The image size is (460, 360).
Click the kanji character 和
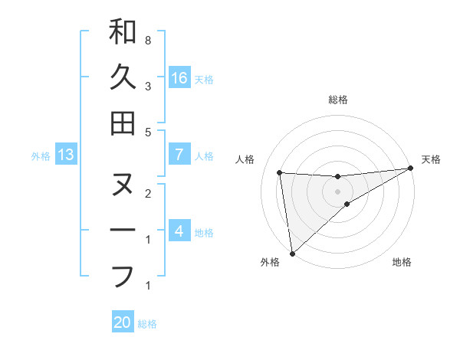point(123,32)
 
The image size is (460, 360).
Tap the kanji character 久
point(123,77)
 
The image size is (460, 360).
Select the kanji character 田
point(123,123)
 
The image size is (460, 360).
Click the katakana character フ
point(123,275)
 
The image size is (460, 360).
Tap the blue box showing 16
point(179,77)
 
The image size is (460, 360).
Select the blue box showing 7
point(179,155)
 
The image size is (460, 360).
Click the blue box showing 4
point(179,231)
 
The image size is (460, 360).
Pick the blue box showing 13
point(66,155)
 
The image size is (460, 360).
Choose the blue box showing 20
point(123,322)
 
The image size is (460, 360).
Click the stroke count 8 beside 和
point(147,39)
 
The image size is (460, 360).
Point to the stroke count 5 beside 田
point(147,132)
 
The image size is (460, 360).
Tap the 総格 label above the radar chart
point(338,100)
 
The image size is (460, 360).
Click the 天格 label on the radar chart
point(432,159)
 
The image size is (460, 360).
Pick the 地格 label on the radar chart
point(402,263)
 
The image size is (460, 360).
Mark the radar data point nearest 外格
point(291,254)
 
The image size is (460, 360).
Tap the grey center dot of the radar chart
point(338,191)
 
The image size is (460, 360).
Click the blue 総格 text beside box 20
point(147,324)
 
